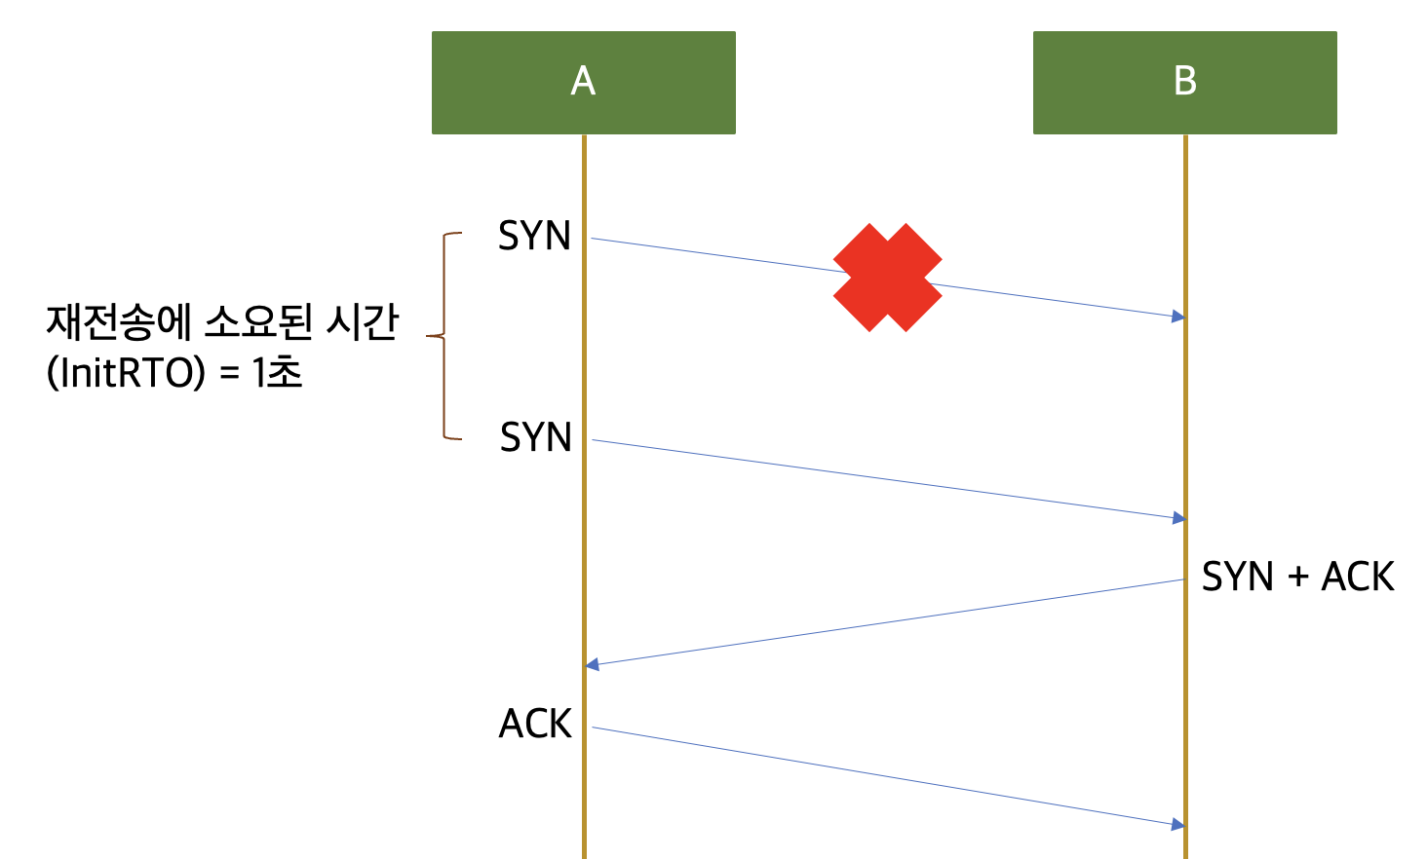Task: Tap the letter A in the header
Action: (583, 81)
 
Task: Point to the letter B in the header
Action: (1185, 81)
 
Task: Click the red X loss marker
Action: (887, 278)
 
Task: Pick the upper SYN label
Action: (534, 237)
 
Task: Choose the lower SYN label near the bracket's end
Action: (536, 438)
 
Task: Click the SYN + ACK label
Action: (1297, 577)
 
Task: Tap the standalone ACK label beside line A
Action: (535, 724)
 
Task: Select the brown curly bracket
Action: (445, 336)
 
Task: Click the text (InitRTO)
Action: (127, 373)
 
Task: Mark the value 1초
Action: (278, 373)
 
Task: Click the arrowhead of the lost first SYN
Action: (1178, 317)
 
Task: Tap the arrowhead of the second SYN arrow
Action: (1178, 518)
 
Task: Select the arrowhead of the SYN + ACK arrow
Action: (592, 665)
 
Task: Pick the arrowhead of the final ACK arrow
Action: (1178, 825)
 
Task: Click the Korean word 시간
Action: (362, 322)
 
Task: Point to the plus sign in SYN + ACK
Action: (1297, 578)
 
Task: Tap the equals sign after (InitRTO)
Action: (230, 374)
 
